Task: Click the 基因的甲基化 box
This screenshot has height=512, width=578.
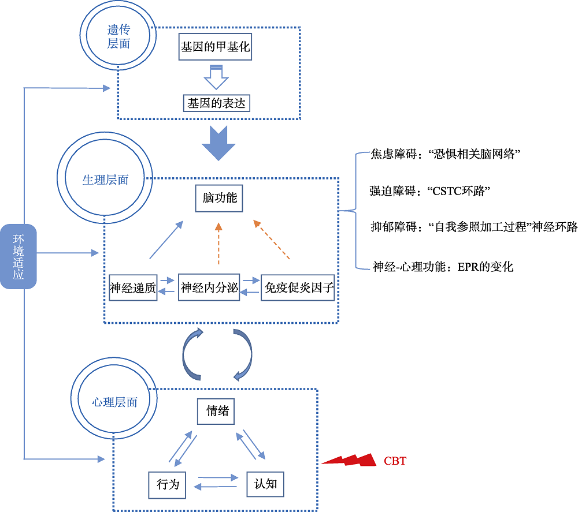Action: pyautogui.click(x=215, y=47)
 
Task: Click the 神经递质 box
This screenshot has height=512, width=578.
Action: pyautogui.click(x=133, y=287)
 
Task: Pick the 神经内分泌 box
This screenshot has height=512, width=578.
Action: pyautogui.click(x=209, y=287)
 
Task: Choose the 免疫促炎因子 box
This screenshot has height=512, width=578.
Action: pyautogui.click(x=298, y=287)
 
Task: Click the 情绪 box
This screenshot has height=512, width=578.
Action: pyautogui.click(x=217, y=411)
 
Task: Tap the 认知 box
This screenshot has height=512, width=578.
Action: pyautogui.click(x=265, y=484)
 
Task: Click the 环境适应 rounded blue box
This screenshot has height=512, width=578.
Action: pyautogui.click(x=18, y=256)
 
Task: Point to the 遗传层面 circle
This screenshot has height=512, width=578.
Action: pyautogui.click(x=118, y=36)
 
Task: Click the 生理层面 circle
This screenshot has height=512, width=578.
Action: pyautogui.click(x=105, y=180)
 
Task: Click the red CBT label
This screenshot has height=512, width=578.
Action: pyautogui.click(x=395, y=461)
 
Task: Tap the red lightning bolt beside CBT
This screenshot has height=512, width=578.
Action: pyautogui.click(x=349, y=460)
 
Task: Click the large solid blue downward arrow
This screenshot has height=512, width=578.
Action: pyautogui.click(x=218, y=144)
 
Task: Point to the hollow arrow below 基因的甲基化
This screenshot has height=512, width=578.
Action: pyautogui.click(x=217, y=77)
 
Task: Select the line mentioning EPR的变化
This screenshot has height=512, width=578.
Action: pyautogui.click(x=443, y=266)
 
